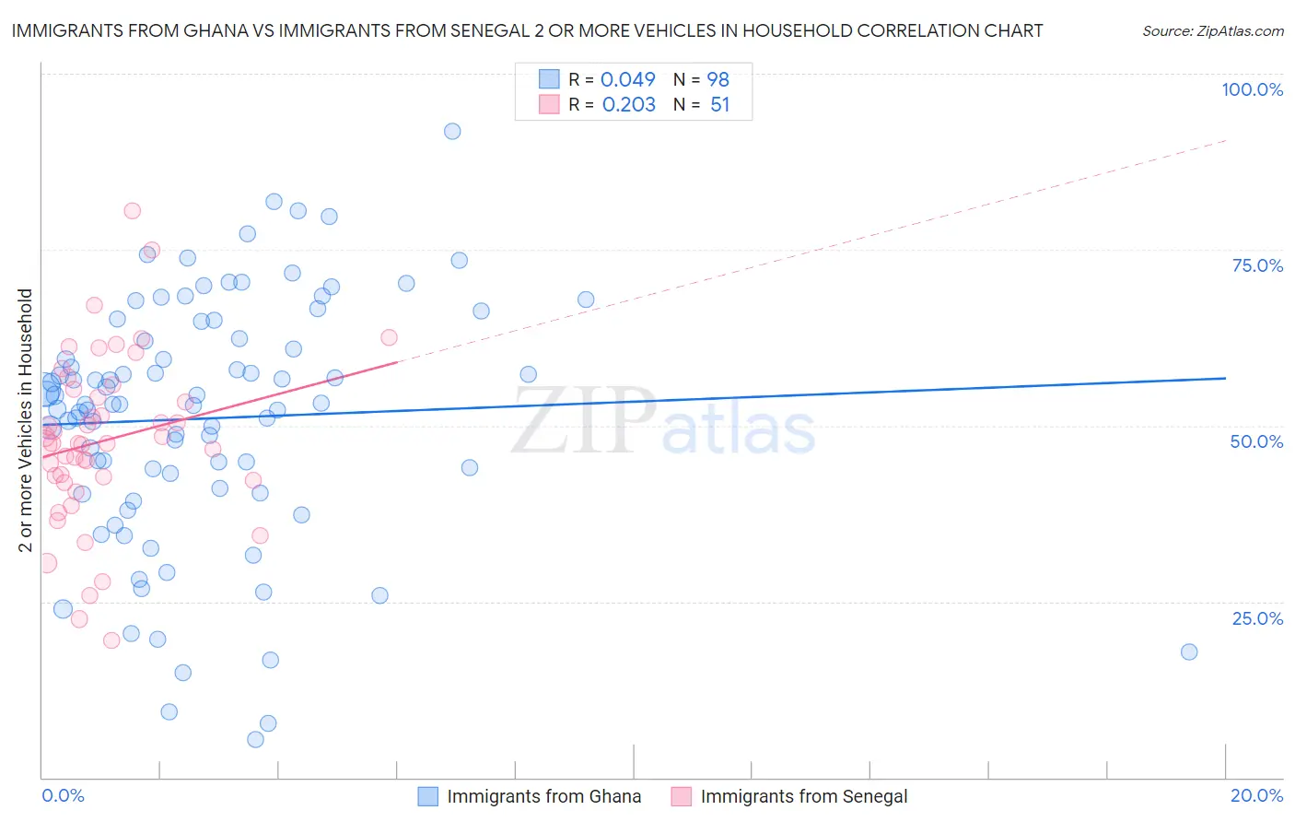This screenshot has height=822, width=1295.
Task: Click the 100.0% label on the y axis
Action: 1252,89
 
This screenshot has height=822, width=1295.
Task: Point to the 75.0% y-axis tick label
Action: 1257,265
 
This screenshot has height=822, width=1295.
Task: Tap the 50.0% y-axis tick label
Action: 1256,441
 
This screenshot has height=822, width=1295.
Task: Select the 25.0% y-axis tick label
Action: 1257,618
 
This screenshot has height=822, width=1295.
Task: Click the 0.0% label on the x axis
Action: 63,795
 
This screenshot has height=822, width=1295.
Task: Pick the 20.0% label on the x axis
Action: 1256,795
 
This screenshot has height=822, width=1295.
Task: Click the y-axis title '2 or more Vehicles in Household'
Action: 26,420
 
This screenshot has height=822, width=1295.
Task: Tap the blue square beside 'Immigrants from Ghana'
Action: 427,796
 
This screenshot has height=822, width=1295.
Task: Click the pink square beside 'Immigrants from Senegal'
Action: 681,796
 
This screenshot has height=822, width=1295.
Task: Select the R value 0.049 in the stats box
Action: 627,80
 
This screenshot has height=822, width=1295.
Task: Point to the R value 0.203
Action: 628,105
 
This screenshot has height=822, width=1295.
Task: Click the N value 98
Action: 717,80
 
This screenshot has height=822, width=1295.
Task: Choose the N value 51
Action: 719,105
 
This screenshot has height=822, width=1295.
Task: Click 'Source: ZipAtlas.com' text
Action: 1212,31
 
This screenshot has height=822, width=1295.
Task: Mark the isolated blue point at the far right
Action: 1189,652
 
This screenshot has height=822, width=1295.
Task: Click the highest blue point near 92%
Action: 452,131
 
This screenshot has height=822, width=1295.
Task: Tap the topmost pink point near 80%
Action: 132,210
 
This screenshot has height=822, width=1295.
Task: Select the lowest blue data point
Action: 255,739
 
